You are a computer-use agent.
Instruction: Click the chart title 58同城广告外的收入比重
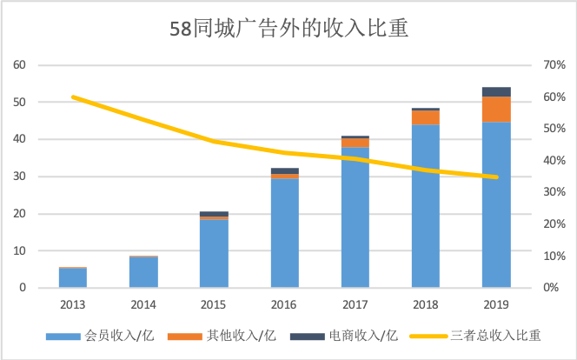pyautogui.click(x=288, y=30)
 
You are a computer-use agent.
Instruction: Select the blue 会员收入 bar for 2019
pyautogui.click(x=496, y=204)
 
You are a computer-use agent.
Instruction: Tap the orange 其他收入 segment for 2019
pyautogui.click(x=496, y=109)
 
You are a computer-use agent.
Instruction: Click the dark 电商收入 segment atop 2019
pyautogui.click(x=496, y=91)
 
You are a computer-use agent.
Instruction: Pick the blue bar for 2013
pyautogui.click(x=73, y=277)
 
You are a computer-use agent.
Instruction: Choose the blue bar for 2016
pyautogui.click(x=285, y=233)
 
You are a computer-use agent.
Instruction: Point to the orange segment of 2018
pyautogui.click(x=426, y=117)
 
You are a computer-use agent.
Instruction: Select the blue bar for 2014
pyautogui.click(x=143, y=272)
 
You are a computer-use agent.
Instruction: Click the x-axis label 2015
pyautogui.click(x=214, y=305)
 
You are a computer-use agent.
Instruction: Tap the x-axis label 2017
pyautogui.click(x=355, y=305)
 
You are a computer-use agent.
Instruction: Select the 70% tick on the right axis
pyautogui.click(x=554, y=65)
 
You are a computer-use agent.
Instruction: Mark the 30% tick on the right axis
pyautogui.click(x=554, y=192)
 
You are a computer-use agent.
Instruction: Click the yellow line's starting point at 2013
pyautogui.click(x=73, y=97)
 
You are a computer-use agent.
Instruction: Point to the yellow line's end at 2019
pyautogui.click(x=496, y=177)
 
